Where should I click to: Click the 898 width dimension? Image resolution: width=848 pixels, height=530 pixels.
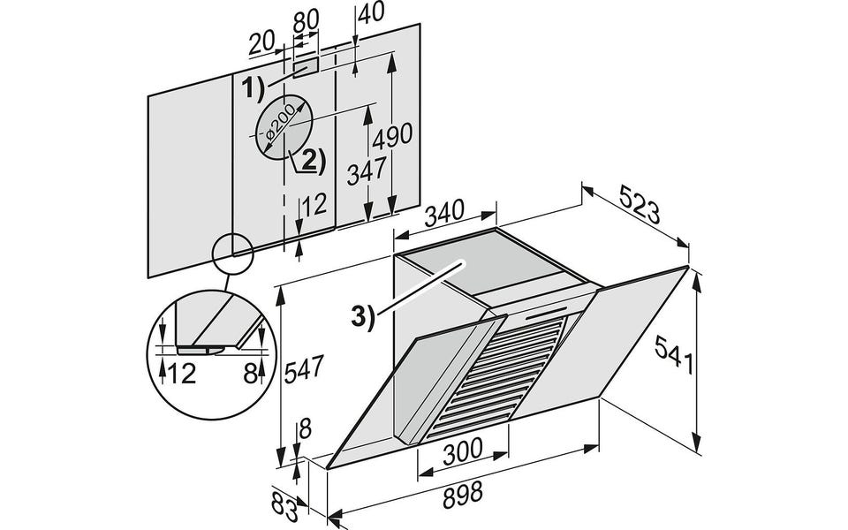(462, 495)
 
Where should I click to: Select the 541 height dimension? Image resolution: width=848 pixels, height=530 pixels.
(674, 354)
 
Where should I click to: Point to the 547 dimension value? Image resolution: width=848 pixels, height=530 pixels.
(304, 369)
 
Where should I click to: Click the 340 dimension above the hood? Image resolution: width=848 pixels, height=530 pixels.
(444, 213)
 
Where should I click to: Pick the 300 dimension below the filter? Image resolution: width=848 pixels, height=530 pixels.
(462, 452)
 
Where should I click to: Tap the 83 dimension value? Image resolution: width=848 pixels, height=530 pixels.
(285, 508)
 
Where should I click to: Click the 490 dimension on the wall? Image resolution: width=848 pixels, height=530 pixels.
(392, 136)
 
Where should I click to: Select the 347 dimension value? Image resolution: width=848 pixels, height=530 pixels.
(367, 171)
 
